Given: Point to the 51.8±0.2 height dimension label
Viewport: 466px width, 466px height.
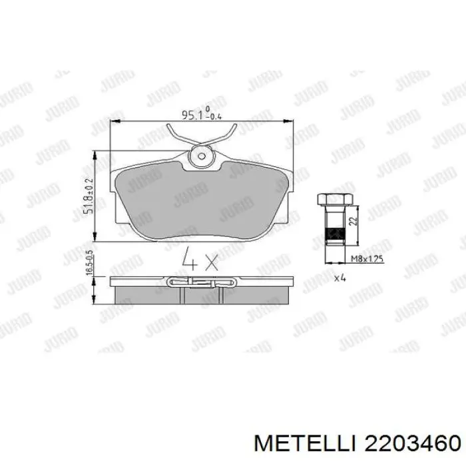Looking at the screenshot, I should click(87, 192).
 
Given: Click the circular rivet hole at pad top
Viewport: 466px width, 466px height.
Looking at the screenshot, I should click(200, 157).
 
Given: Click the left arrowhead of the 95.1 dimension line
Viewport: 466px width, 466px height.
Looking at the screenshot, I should click(113, 121).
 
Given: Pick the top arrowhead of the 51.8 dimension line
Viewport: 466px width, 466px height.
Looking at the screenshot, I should click(98, 154).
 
